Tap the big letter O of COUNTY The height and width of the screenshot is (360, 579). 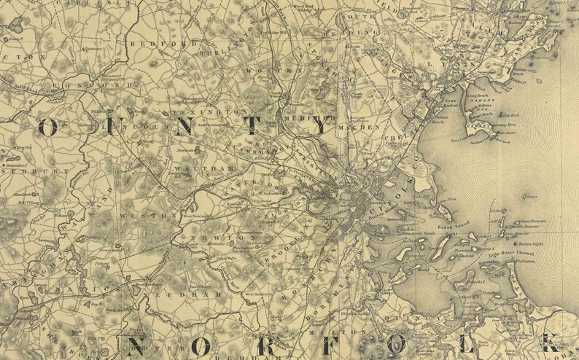point(48,127)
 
